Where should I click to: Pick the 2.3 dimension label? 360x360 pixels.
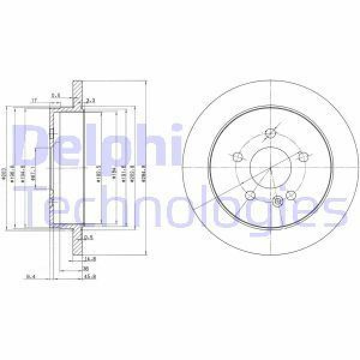[x=91, y=101]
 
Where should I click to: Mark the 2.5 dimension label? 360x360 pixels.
[x=88, y=238]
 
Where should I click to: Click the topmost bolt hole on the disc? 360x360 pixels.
[x=271, y=133]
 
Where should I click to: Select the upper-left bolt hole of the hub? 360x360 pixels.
[x=236, y=157]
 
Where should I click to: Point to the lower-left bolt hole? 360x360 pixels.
[x=250, y=196]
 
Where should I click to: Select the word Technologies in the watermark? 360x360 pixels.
[x=180, y=204]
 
